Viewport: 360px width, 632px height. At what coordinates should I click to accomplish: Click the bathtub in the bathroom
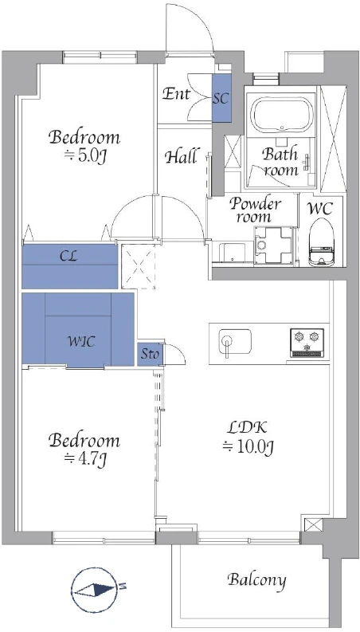tap(281, 115)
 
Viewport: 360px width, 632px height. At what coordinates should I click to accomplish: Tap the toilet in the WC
tap(322, 241)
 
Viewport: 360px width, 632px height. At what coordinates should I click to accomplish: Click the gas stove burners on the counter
tap(307, 343)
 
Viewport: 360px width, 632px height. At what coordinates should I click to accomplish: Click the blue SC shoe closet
tap(221, 98)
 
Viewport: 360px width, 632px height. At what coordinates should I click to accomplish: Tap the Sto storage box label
tap(150, 355)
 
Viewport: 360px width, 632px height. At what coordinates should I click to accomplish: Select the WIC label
tap(81, 342)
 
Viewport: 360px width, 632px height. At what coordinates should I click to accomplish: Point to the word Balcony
tap(257, 580)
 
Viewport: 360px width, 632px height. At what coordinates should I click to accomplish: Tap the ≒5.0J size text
tap(84, 156)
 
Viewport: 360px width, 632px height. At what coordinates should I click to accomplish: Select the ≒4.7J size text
tap(84, 458)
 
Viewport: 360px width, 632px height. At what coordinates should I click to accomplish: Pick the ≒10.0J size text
tap(248, 447)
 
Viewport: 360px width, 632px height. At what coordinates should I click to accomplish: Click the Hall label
tap(182, 156)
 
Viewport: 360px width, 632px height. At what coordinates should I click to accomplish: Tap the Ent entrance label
tap(176, 94)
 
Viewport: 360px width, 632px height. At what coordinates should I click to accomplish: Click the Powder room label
tap(255, 210)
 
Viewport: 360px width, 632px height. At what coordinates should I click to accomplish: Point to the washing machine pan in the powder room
tap(273, 245)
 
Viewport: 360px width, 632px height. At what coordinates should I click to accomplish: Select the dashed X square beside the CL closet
tap(139, 266)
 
